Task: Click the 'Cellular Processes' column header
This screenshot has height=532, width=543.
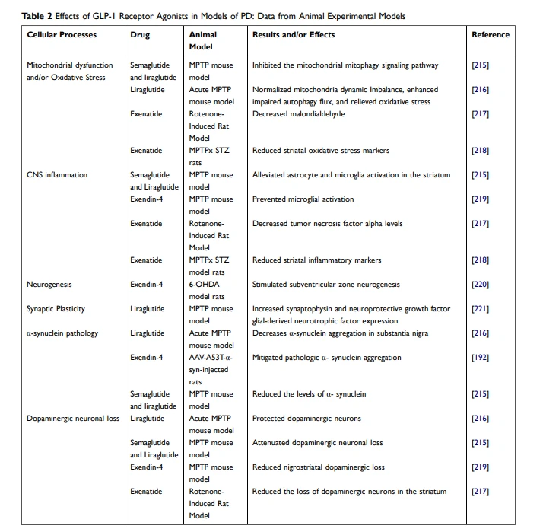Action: (62, 35)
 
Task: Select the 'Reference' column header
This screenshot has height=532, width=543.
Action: (491, 35)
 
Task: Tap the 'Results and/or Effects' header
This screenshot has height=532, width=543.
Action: (294, 35)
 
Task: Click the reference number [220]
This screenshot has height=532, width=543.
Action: (480, 285)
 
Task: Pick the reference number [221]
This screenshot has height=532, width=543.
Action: (480, 309)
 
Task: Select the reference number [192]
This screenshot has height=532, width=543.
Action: (480, 358)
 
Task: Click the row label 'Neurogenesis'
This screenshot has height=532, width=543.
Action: (49, 285)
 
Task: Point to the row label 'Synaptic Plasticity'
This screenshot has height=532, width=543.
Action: (56, 309)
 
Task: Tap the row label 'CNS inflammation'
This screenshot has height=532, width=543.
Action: (57, 175)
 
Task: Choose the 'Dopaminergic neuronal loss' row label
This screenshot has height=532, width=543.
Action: (73, 419)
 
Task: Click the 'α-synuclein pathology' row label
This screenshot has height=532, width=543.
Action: (62, 333)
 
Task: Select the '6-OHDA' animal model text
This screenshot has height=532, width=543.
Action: (204, 284)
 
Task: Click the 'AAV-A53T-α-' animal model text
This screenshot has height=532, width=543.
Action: (211, 357)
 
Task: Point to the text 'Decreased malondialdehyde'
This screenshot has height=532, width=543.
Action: (299, 114)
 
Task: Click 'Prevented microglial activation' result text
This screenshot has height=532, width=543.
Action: (303, 199)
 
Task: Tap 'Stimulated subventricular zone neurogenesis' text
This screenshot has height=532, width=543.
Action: (325, 285)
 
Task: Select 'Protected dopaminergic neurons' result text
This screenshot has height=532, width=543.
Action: (306, 419)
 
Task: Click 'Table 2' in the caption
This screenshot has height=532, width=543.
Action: (37, 16)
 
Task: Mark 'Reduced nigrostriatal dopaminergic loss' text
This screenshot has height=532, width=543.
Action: (318, 467)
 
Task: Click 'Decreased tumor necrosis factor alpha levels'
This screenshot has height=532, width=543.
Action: (327, 224)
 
